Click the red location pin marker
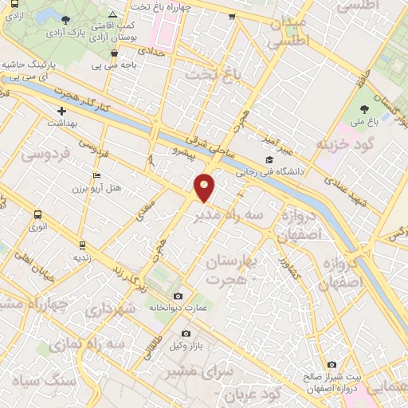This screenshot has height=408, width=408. click(x=205, y=188)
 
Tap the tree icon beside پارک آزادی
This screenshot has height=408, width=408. click(x=65, y=21)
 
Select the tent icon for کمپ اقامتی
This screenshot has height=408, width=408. click(x=112, y=14)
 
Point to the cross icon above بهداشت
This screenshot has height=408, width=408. click(x=61, y=111)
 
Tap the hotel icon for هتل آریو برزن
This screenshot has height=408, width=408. click(x=97, y=175)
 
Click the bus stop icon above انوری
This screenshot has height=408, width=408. click(x=38, y=214)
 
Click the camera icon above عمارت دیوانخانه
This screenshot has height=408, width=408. click(x=178, y=296)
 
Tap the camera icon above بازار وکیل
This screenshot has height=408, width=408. click(x=186, y=334)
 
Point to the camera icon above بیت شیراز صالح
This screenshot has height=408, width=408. click(x=331, y=364)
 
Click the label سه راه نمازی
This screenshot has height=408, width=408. click(x=97, y=343)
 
